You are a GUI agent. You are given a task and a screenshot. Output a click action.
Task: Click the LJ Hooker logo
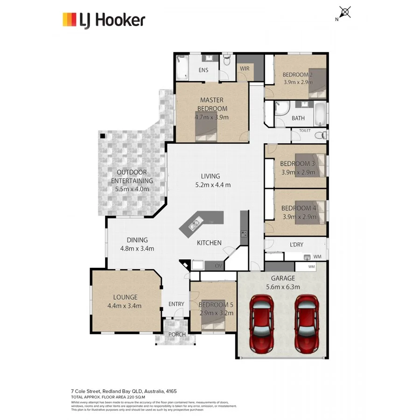[x=104, y=20]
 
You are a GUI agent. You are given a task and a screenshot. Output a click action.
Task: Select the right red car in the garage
[x=307, y=322]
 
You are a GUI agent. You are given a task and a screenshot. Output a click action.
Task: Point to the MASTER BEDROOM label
[x=211, y=104]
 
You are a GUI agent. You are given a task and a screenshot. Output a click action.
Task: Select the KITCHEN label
[x=209, y=243]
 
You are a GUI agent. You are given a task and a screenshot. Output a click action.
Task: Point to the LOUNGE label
[x=125, y=297]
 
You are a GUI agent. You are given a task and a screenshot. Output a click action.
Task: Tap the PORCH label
[x=177, y=335]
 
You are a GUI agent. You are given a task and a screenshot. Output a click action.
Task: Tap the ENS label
[x=203, y=70]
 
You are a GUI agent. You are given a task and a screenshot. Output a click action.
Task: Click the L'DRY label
[x=296, y=245]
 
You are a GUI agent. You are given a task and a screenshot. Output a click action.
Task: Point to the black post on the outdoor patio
[x=102, y=136]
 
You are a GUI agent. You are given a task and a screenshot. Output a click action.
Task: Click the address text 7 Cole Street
[x=89, y=391]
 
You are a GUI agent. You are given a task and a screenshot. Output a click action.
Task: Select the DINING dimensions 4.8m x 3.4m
[x=137, y=248]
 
